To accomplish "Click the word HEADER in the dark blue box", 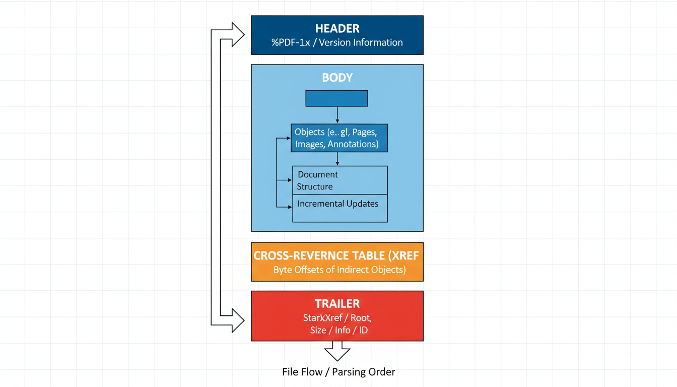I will coord(337,29).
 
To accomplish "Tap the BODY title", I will coord(337,78).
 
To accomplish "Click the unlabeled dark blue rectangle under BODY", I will coord(336,98).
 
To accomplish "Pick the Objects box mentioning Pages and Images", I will coord(340,138).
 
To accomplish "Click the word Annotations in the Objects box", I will coord(353,144).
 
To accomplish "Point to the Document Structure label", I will coord(317,180).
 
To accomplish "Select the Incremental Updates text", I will coord(337,204).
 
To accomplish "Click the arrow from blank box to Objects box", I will coord(337,115).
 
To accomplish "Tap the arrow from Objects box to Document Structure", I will coord(337,159).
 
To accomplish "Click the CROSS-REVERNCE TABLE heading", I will coord(336,255).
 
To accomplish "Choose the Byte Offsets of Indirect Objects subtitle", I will coord(339,270).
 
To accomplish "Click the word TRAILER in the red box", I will coord(337,304).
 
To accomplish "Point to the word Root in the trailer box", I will coord(361,318).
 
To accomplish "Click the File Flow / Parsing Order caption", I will coord(338,372).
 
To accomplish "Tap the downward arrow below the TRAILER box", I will coord(337,351).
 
